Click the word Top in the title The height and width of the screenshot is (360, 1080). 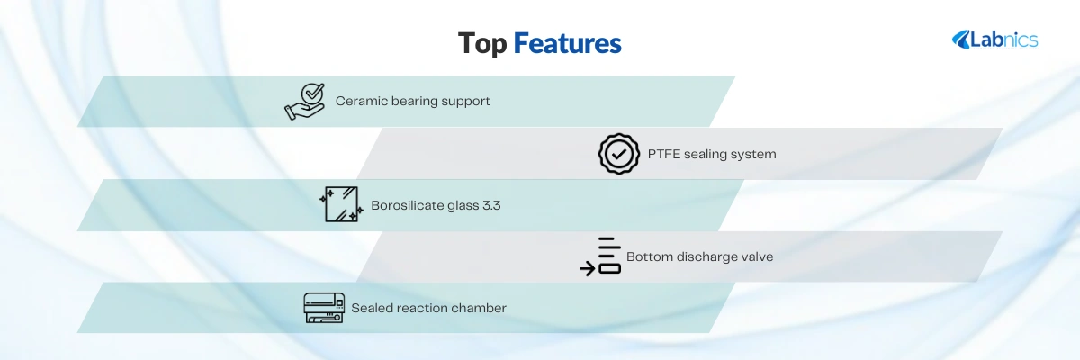click(x=482, y=44)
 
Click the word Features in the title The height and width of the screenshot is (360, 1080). click(x=568, y=43)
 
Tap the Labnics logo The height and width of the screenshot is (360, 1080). click(x=994, y=40)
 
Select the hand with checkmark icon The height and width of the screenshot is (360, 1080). click(x=305, y=101)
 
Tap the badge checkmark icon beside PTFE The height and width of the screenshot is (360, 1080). click(x=619, y=154)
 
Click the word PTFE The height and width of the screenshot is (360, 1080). click(x=663, y=154)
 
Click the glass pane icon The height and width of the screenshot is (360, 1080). click(x=341, y=204)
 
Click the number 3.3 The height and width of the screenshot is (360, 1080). click(x=490, y=206)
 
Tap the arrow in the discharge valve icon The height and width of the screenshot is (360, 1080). click(x=587, y=268)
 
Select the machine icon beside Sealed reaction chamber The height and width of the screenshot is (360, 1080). click(x=324, y=308)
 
